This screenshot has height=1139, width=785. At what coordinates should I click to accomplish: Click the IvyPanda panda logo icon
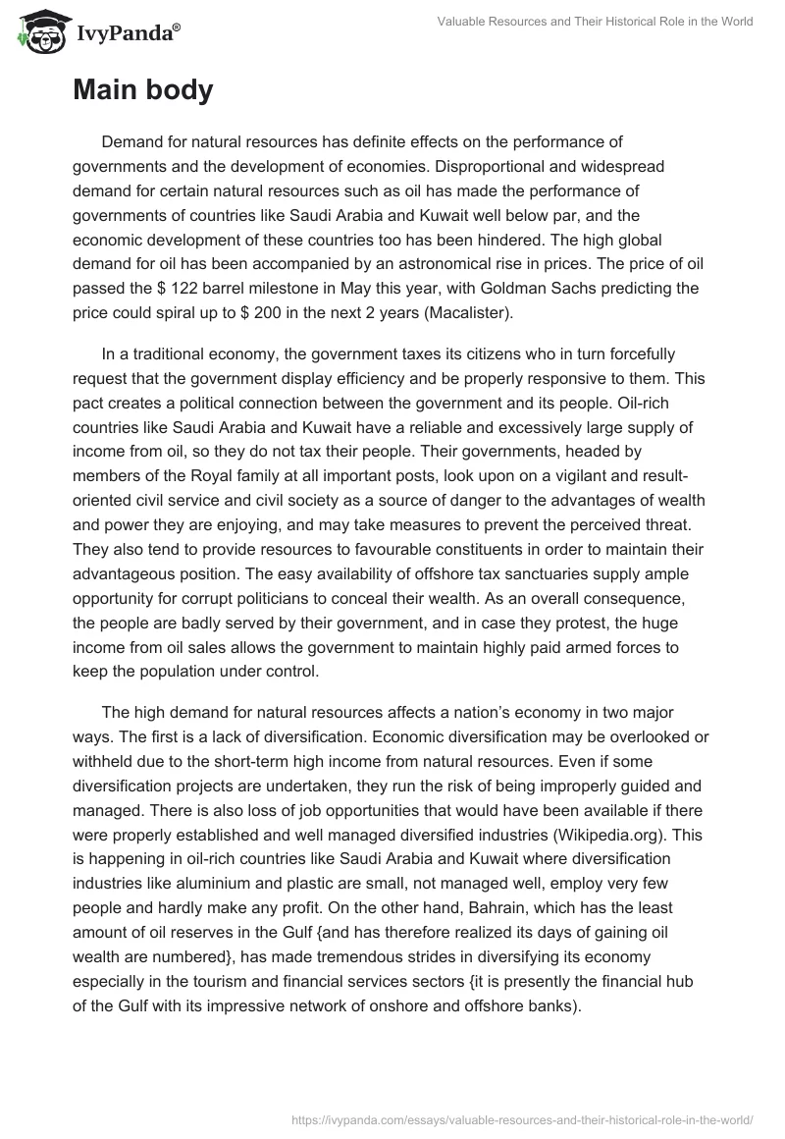point(39,33)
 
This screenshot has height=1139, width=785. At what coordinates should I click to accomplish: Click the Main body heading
point(142,90)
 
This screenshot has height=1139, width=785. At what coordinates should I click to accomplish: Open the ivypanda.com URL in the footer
point(521,1117)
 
